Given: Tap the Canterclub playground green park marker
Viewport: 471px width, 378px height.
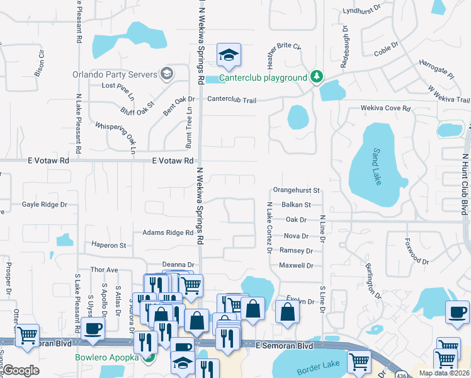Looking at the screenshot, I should [317, 77].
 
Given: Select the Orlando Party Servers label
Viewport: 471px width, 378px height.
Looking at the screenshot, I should [114, 74].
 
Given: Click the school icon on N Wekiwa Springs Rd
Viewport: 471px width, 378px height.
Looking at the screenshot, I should [229, 55].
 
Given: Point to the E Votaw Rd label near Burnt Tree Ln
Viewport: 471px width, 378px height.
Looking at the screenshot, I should [173, 161].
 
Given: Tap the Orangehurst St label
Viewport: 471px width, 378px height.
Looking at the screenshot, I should [297, 190].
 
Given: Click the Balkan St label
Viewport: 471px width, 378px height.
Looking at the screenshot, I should [297, 205].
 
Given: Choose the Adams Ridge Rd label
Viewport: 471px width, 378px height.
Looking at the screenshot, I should [167, 233].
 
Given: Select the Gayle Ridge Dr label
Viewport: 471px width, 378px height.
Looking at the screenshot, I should [45, 205].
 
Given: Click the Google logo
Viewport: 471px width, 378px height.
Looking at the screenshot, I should [21, 370].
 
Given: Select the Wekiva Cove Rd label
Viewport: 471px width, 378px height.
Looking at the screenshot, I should [385, 108].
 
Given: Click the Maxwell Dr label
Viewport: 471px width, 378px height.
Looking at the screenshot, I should [296, 266].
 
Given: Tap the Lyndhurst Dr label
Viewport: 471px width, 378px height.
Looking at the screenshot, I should [363, 11].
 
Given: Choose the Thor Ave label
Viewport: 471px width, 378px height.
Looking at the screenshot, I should [105, 270].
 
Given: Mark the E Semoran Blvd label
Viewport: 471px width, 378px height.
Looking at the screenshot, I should [284, 346].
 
